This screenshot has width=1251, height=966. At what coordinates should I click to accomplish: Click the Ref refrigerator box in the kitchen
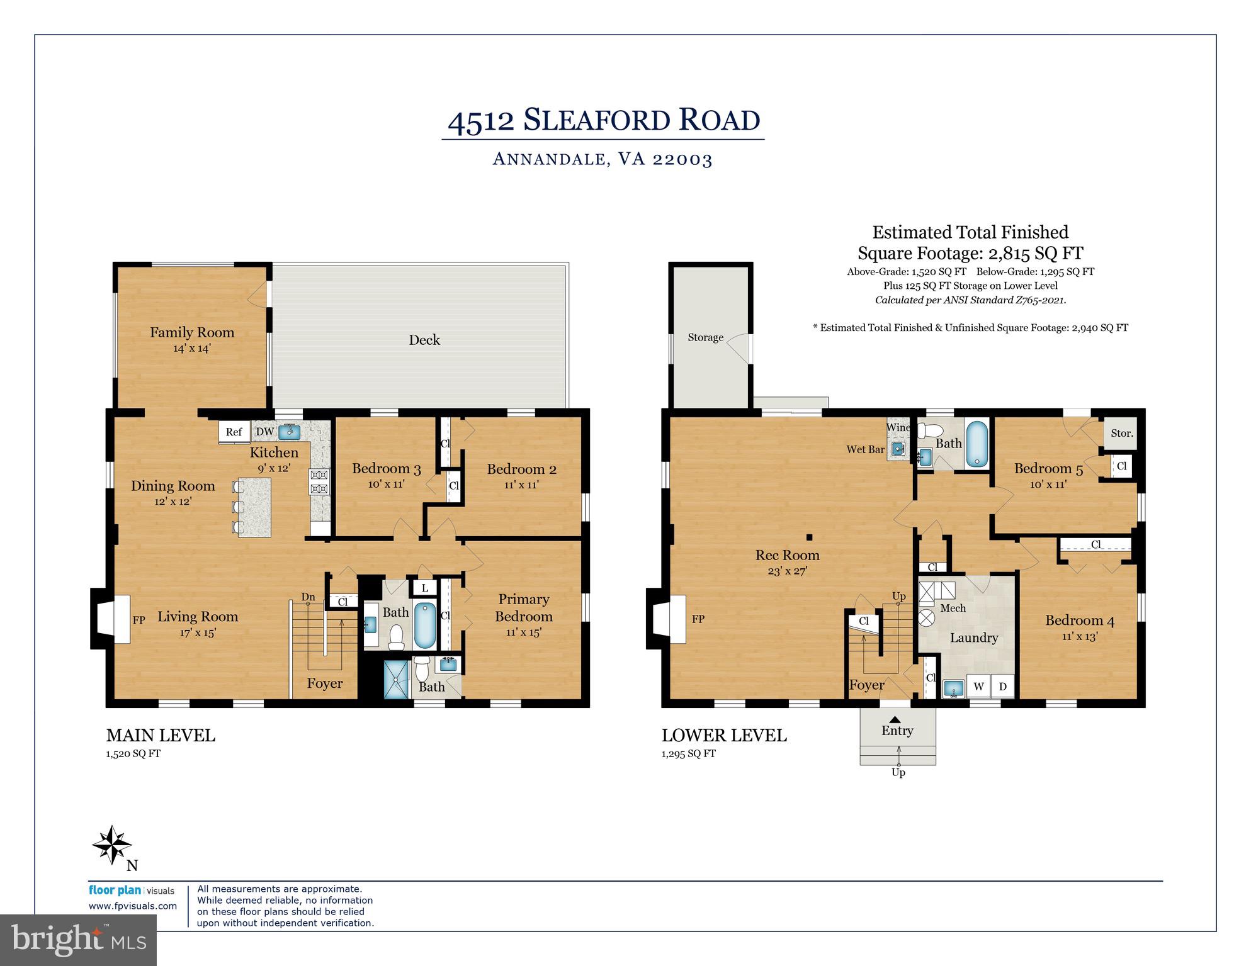tap(234, 432)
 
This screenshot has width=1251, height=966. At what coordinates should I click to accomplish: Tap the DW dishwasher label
tap(264, 432)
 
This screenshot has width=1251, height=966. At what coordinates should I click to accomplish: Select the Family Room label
tap(192, 332)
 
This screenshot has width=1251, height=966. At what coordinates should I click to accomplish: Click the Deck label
tap(424, 340)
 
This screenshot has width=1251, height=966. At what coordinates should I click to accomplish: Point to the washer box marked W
tap(978, 686)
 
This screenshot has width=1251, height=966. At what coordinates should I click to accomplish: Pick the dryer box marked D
tap(1002, 686)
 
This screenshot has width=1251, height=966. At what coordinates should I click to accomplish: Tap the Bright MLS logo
tap(78, 940)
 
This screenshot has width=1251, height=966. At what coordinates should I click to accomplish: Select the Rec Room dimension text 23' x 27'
tap(787, 571)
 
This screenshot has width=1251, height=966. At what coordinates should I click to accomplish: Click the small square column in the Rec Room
tap(810, 537)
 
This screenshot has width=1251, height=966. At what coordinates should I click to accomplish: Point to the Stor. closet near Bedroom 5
tap(1121, 433)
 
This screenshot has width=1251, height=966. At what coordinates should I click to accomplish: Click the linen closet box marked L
tap(425, 588)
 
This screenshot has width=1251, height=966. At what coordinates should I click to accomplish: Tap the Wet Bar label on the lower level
tap(865, 449)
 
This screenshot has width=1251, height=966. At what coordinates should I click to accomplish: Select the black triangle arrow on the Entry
tap(895, 719)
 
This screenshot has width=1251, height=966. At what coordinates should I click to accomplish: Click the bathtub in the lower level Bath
tap(976, 444)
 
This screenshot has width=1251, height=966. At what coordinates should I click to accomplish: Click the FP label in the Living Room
tap(139, 620)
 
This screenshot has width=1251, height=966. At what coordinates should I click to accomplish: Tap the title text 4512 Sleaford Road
tap(603, 120)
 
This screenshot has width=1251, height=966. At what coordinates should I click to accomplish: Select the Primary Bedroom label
tap(523, 608)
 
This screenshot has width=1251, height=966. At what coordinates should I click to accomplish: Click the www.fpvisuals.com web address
tap(132, 906)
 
